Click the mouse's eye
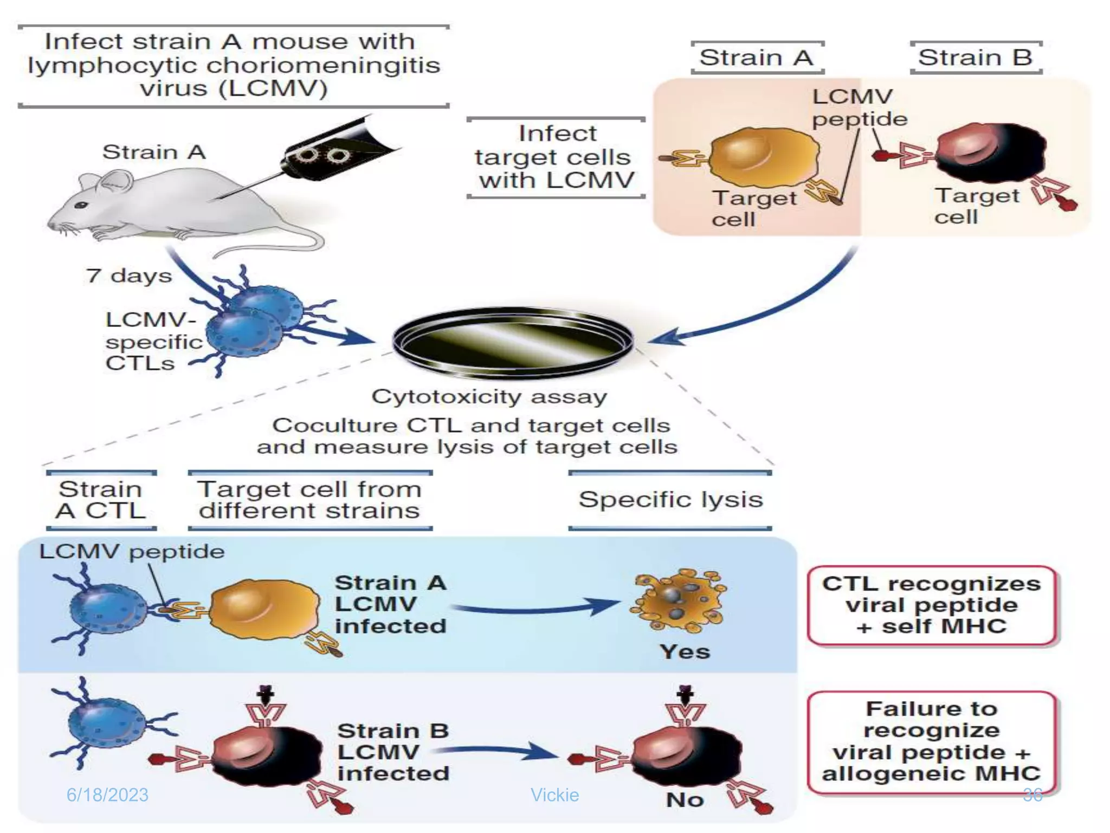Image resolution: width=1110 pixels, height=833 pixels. tap(81, 205)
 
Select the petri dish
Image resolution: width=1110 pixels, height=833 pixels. tap(513, 342)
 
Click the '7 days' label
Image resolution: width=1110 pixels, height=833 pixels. tap(129, 275)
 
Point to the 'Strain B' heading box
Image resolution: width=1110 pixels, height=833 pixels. tap(976, 57)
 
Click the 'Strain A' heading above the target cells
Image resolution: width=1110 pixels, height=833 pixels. tap(757, 57)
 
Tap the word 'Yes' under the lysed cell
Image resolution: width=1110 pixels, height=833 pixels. tap(685, 651)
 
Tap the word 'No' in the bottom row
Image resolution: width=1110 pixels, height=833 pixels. tap(685, 799)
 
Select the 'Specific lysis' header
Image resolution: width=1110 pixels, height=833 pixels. tap(670, 499)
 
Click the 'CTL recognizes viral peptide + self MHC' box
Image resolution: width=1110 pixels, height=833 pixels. tap(931, 605)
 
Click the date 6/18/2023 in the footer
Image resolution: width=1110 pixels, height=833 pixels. tap(107, 795)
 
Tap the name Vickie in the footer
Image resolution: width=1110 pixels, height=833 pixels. tap(554, 795)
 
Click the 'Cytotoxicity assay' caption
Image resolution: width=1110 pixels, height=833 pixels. tap(489, 396)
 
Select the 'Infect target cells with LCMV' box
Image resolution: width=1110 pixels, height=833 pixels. tap(556, 157)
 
